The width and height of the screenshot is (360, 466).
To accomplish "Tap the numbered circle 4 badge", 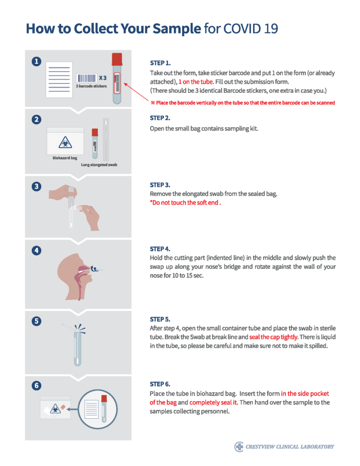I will point(36,250).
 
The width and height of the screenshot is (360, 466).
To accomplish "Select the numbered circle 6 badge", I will point(36,385).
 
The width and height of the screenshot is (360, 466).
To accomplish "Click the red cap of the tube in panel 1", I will point(116,59).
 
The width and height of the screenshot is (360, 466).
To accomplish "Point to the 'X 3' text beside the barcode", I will point(103,78).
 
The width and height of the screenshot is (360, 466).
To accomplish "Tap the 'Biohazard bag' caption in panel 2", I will point(65,158).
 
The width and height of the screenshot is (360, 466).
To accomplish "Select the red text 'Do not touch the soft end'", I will point(185,203).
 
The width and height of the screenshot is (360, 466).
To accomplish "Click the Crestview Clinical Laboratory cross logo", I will point(239,446).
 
